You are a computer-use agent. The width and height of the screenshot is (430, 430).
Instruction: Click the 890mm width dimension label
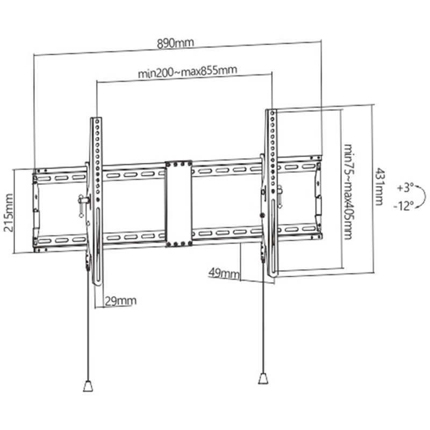175,43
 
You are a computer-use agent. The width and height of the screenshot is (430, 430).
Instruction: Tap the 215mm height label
9,212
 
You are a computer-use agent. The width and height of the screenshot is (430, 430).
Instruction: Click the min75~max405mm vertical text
348,191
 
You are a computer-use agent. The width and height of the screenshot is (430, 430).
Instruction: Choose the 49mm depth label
224,273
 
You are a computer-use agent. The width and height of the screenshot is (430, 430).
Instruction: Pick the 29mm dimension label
120,301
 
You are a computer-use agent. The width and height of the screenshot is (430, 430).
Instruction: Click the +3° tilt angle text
405,188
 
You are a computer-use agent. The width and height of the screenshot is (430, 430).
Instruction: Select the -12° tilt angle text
404,206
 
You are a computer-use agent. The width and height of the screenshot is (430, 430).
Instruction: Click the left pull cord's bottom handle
88,386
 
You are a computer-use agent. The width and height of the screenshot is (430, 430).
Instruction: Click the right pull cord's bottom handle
263,378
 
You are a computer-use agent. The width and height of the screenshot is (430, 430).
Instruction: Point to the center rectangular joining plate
178,204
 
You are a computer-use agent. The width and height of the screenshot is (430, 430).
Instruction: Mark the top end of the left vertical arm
96,119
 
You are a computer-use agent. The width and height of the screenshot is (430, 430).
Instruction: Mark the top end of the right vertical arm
271,111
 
